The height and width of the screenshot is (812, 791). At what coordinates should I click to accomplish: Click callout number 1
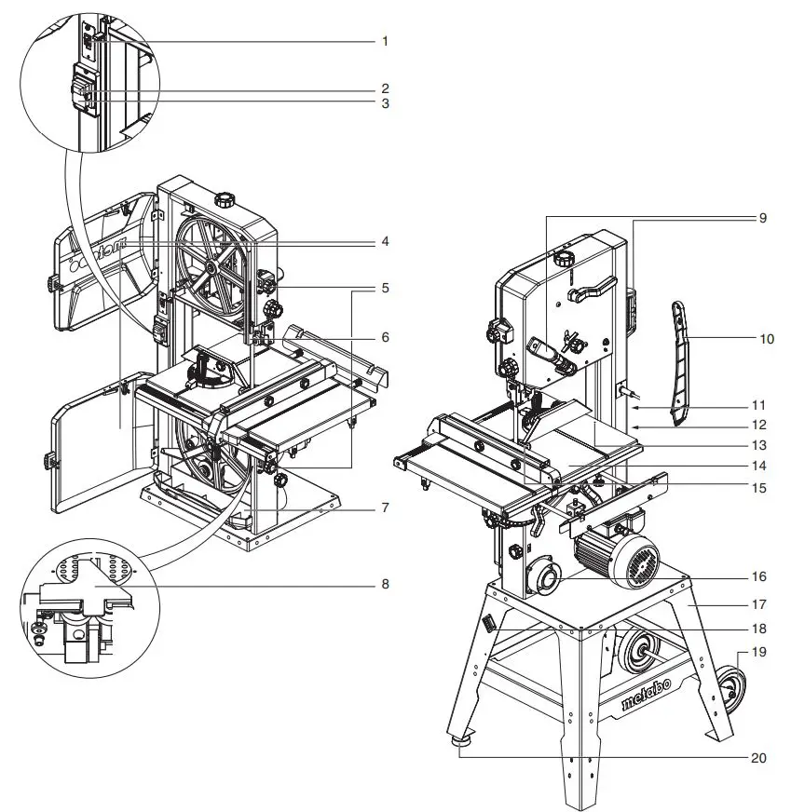click(384, 42)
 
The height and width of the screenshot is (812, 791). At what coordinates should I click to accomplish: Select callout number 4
click(384, 241)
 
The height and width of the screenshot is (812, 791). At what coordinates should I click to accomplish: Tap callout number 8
click(384, 585)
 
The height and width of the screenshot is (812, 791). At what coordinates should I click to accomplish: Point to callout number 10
click(767, 339)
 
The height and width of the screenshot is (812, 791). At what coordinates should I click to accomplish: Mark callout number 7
click(384, 508)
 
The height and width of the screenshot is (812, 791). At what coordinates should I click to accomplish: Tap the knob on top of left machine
click(224, 199)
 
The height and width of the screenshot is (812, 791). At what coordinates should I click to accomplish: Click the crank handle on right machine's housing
click(593, 290)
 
